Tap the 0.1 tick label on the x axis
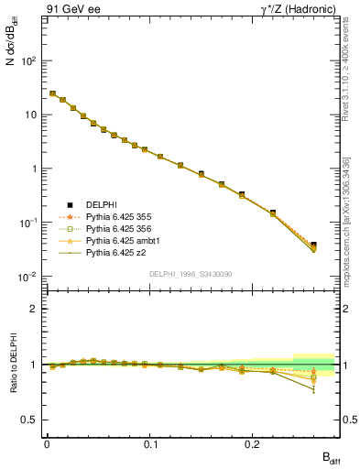click(x=149, y=443)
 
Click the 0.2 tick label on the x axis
click(x=254, y=443)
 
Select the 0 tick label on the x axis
click(x=47, y=443)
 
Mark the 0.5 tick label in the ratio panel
click(x=32, y=420)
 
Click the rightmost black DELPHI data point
click(x=313, y=245)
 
